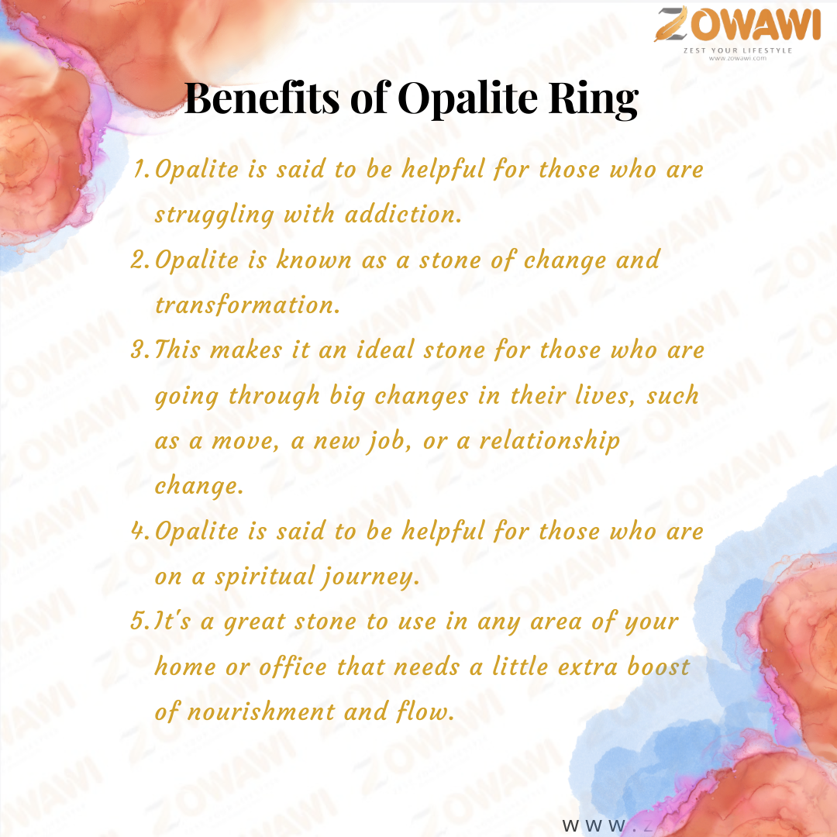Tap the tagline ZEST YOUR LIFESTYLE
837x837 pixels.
[x=738, y=50]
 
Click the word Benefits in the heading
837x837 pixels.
[x=262, y=98]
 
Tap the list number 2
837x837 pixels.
[x=141, y=260]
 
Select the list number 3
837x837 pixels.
[x=141, y=350]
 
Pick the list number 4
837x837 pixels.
[x=141, y=531]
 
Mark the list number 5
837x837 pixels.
[x=141, y=622]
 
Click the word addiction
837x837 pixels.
[x=403, y=214]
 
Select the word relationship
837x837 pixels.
[x=549, y=442]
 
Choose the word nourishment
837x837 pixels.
[x=261, y=711]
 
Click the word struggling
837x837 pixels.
[x=215, y=215]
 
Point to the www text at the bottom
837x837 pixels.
[x=594, y=825]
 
